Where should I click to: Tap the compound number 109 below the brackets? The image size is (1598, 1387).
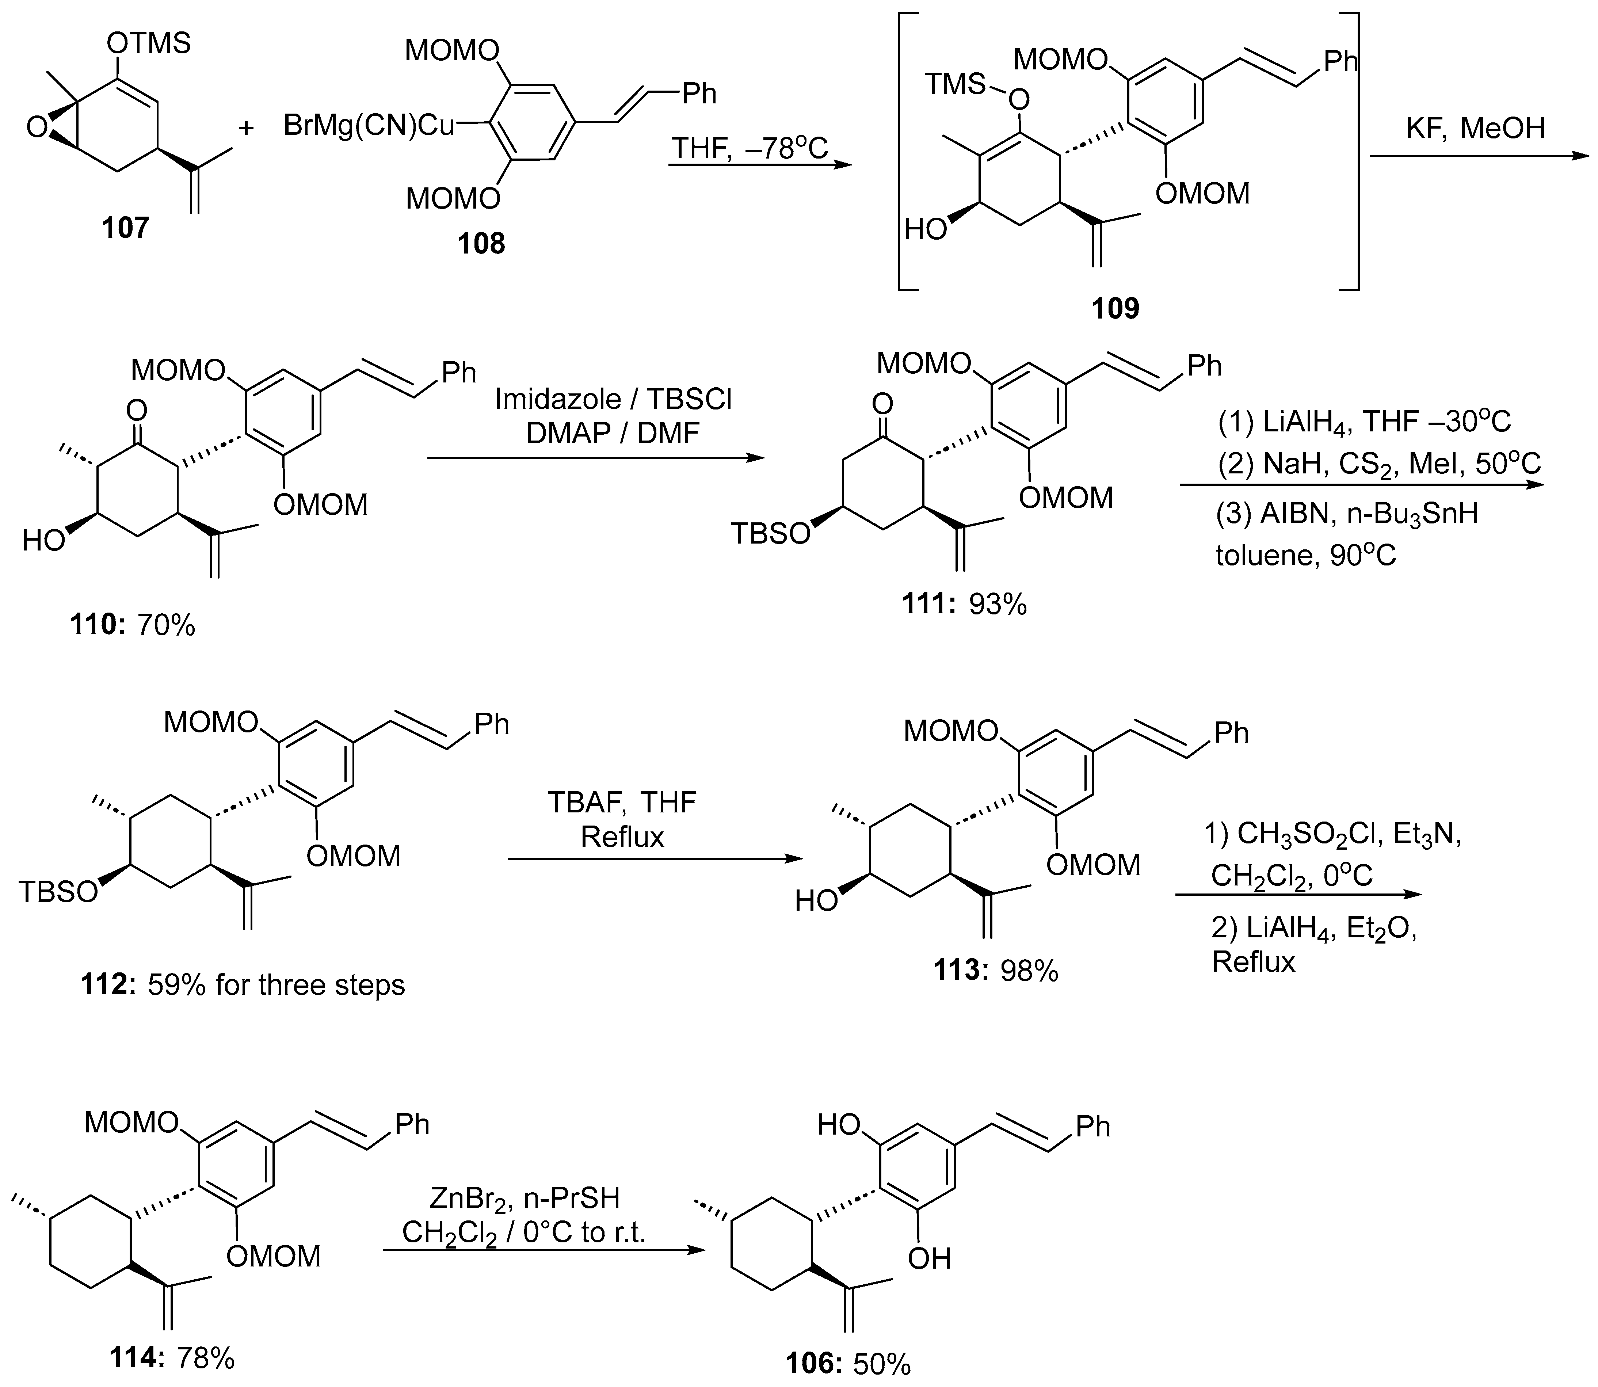point(1115,309)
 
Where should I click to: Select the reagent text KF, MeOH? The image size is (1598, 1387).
point(1475,128)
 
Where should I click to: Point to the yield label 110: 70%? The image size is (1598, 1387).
point(132,624)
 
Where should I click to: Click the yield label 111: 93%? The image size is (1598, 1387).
point(964,604)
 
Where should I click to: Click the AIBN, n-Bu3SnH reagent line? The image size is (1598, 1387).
point(1346,512)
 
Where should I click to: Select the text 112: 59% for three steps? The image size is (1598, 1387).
point(242,984)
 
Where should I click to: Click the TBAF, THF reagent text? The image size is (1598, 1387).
point(622,803)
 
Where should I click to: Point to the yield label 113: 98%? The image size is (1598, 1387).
point(995,971)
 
